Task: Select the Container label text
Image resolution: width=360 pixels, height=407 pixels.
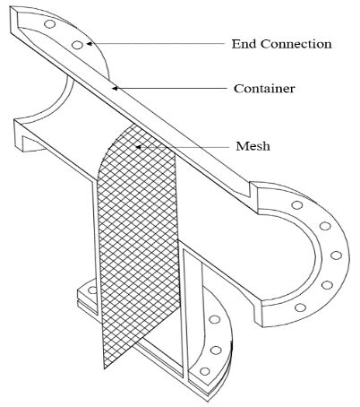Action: [264, 89]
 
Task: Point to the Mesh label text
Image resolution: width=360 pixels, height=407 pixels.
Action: [253, 146]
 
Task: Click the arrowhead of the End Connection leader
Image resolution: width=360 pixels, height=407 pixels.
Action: [89, 44]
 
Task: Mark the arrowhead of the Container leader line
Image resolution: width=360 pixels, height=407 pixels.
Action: [115, 88]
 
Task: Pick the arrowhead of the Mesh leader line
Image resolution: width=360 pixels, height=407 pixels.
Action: [138, 147]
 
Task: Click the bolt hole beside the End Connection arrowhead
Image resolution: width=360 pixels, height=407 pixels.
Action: [77, 45]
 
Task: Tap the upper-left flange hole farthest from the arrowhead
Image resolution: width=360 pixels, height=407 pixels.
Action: [49, 24]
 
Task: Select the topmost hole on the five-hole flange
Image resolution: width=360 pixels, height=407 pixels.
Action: [297, 205]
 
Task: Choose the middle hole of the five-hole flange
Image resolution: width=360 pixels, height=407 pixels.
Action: [336, 255]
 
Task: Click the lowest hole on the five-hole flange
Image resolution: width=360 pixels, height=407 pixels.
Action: [300, 307]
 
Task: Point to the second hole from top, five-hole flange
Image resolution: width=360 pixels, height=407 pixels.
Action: [325, 226]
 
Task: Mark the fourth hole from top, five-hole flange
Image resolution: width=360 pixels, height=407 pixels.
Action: [327, 285]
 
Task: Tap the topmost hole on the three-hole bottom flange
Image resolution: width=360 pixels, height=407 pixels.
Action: [214, 319]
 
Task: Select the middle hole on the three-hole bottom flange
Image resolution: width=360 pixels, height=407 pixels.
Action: [216, 350]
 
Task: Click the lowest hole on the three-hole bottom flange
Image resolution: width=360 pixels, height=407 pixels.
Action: [204, 371]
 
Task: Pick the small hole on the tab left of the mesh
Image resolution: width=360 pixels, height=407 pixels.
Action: [92, 290]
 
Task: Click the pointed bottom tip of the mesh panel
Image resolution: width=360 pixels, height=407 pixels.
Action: [104, 368]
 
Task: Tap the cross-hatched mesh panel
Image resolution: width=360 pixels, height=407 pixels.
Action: [138, 239]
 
